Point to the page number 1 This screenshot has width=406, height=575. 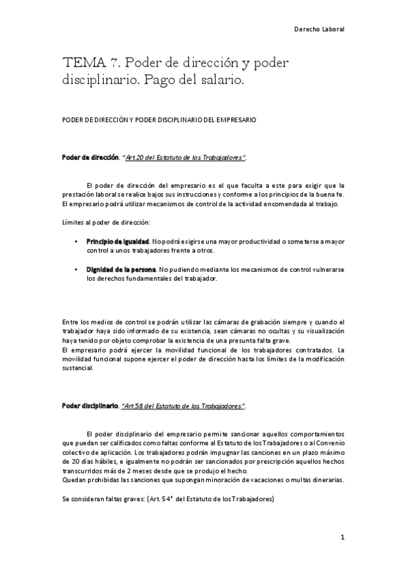coord(343,537)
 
